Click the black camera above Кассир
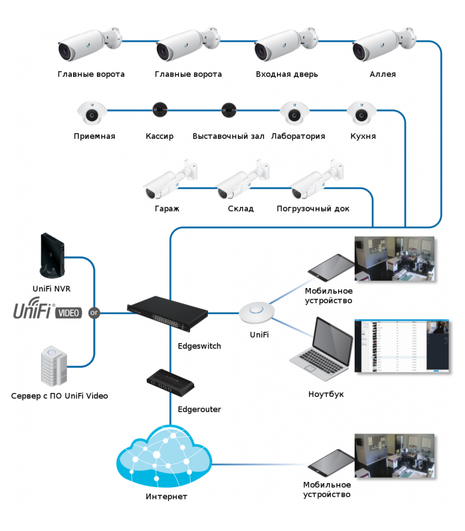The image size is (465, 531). coord(159,109)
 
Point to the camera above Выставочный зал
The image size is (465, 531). coord(229,109)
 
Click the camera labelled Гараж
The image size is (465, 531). coord(170,180)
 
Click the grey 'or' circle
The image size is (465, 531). coord(94,312)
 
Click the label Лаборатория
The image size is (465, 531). coord(298,137)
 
